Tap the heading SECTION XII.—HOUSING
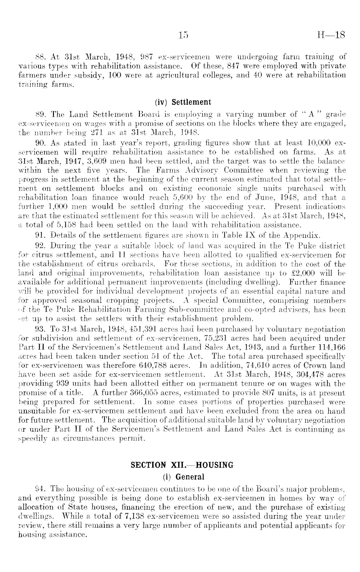(182, 465)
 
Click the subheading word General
(192, 477)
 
